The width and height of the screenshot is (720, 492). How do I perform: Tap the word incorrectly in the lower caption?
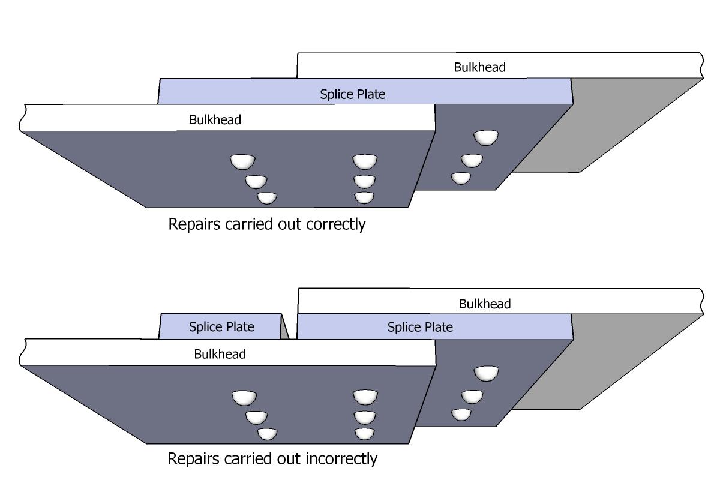[341, 459]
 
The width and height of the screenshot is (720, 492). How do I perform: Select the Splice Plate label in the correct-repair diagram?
[353, 94]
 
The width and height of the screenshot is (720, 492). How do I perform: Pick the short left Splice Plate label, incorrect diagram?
[221, 327]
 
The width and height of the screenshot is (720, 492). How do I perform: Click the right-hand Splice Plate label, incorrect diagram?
[420, 327]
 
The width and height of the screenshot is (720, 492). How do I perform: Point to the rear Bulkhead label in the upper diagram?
[479, 67]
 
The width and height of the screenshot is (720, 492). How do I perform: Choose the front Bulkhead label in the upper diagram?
[215, 119]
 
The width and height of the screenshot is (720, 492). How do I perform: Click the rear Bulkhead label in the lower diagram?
[484, 304]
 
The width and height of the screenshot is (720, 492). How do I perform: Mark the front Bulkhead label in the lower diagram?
[220, 354]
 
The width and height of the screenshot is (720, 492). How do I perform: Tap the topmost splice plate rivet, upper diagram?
[485, 137]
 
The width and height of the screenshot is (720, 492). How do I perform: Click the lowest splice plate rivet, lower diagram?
[461, 414]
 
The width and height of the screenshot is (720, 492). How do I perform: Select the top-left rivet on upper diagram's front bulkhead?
[242, 161]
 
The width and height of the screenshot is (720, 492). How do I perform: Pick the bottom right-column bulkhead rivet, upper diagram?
[364, 197]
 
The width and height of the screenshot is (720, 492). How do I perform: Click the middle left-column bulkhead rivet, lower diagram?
[256, 416]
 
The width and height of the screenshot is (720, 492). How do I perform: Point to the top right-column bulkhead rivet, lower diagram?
[364, 397]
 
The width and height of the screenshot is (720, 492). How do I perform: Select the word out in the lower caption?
[291, 459]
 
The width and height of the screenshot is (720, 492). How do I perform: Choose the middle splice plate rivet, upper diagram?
[472, 160]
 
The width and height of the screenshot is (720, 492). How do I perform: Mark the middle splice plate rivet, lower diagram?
[472, 396]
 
